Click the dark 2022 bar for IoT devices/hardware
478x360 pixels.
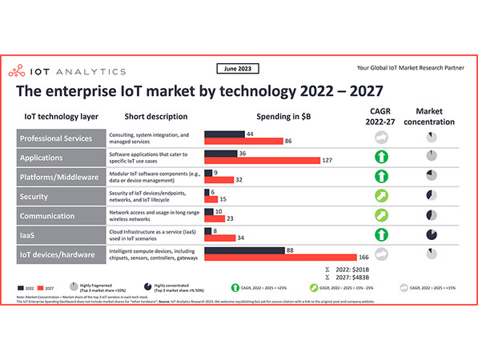point(243,250)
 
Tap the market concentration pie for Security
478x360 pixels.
point(432,195)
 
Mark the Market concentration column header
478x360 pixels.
point(432,116)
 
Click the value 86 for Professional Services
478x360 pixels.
point(288,141)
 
